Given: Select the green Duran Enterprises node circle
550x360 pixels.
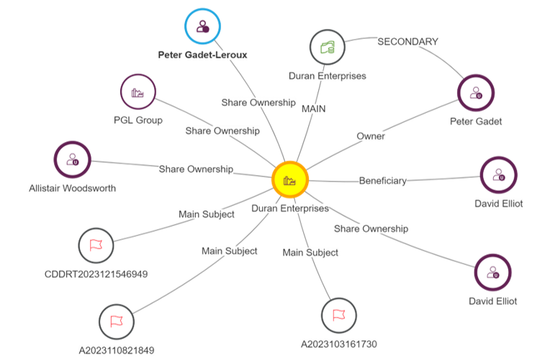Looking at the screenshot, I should [x=328, y=48].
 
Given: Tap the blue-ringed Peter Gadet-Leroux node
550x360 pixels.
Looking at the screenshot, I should [x=203, y=28].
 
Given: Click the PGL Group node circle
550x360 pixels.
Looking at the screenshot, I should [x=138, y=92].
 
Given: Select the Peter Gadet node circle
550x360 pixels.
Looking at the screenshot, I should [x=476, y=93].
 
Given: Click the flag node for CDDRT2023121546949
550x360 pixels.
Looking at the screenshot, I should [x=96, y=246].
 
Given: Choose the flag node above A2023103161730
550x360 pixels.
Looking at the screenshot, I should [x=338, y=315].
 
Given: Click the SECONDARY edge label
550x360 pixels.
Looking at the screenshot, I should [x=407, y=42].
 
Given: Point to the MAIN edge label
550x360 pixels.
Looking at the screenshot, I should [x=314, y=108].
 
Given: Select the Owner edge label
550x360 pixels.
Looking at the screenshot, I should [x=371, y=135].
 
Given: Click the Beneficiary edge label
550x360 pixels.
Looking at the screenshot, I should [x=383, y=181].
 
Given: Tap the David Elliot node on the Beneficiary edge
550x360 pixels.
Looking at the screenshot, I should [x=499, y=175].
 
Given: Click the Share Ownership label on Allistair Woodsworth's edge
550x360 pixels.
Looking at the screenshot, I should [x=196, y=169].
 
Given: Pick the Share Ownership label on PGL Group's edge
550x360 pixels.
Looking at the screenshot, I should [x=222, y=131].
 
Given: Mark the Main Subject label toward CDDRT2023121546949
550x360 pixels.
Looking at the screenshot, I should [x=207, y=214].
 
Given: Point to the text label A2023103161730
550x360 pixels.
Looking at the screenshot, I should [x=338, y=344].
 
